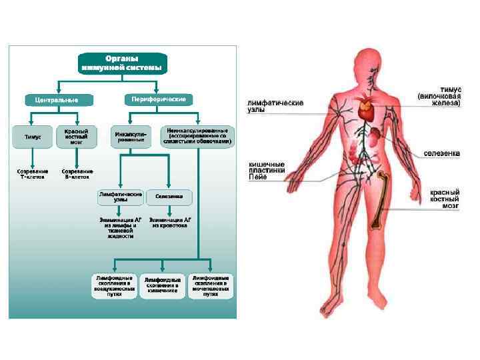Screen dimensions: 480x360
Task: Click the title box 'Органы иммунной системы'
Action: (123, 63)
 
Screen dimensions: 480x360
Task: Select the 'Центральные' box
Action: (52, 100)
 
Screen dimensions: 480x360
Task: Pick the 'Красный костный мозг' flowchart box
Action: (76, 136)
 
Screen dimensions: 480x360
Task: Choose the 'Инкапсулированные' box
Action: (131, 136)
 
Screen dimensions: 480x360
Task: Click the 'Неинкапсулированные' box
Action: (197, 136)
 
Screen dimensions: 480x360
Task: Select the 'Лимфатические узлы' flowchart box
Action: (120, 197)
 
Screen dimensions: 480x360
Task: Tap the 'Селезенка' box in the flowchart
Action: (169, 197)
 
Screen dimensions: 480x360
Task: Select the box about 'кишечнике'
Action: (163, 285)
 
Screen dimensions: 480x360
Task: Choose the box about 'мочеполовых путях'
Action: (211, 285)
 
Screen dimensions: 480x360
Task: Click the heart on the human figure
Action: (366, 109)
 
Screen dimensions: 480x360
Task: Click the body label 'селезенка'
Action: (441, 153)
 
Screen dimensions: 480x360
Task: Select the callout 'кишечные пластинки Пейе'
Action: (267, 171)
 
